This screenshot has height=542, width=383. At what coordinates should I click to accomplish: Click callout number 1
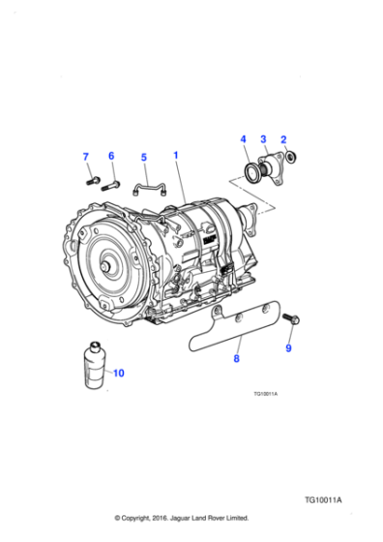tap(175, 155)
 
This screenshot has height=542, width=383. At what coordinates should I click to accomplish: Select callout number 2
tap(282, 139)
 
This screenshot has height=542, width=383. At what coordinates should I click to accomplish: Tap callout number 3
tap(262, 139)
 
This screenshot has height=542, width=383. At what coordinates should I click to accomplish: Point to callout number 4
tap(243, 139)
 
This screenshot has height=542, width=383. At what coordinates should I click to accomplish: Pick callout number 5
tap(143, 157)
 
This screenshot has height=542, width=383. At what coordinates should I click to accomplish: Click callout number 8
tap(235, 358)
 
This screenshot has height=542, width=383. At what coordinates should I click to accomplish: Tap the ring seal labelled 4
tap(253, 173)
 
